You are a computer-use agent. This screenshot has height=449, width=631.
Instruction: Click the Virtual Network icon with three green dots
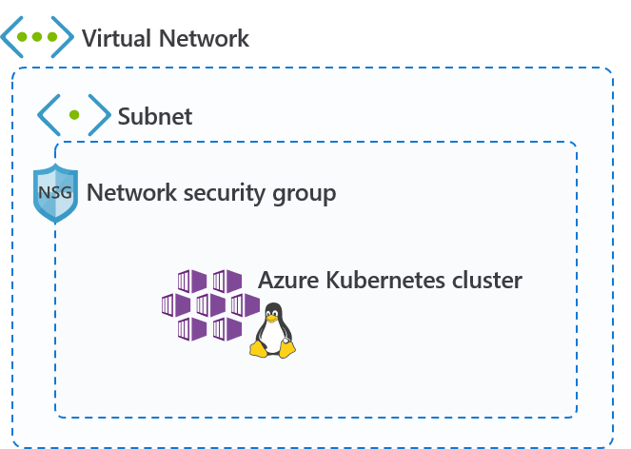37,37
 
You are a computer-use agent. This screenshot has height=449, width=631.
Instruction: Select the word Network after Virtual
203,38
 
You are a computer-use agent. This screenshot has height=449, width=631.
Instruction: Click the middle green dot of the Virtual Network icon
37,37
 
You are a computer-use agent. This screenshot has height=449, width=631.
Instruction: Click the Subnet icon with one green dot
73,115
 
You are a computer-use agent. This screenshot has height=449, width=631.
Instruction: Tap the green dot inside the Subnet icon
73,115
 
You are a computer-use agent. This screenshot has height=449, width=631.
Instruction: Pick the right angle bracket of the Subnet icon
98,115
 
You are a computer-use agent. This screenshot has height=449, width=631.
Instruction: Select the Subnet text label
154,116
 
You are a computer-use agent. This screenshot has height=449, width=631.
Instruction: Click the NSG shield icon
54,192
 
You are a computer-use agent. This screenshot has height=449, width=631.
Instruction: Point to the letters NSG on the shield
54,190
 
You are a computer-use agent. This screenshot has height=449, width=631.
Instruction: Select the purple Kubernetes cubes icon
210,305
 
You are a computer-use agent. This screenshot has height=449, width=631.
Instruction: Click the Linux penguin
273,331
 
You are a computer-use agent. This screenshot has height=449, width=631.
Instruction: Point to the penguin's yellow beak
273,321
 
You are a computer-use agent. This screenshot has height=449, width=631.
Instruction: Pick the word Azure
288,280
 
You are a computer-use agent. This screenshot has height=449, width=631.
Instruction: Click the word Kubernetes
386,280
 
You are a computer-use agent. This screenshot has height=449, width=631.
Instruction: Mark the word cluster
487,280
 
